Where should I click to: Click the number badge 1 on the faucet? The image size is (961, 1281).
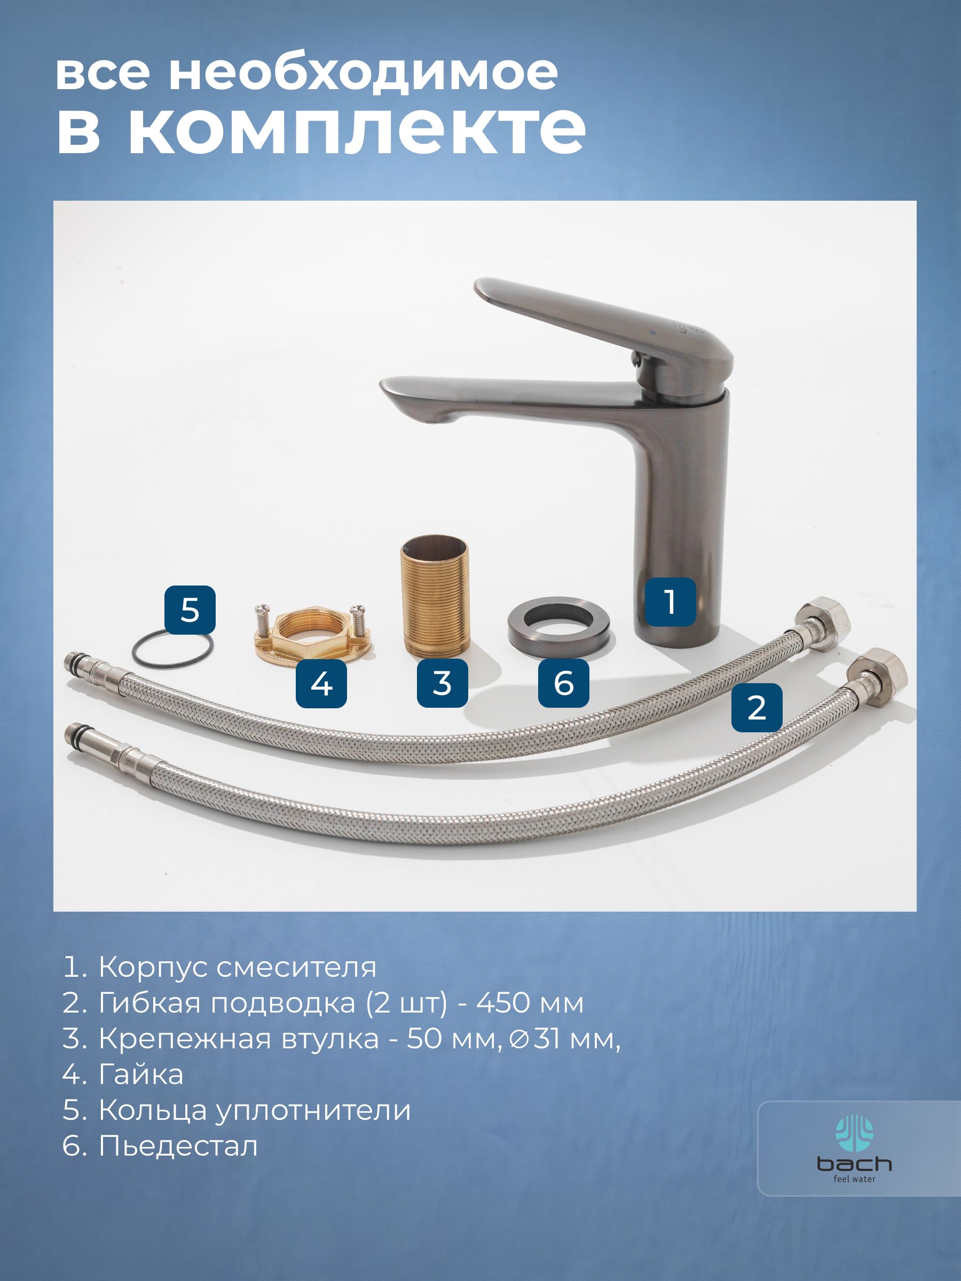pyautogui.click(x=670, y=602)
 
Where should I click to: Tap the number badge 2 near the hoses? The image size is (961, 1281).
pyautogui.click(x=757, y=707)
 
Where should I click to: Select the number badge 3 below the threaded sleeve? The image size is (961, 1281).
pyautogui.click(x=443, y=683)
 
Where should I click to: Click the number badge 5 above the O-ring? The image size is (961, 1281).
pyautogui.click(x=190, y=610)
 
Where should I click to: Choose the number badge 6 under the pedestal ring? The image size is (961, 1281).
pyautogui.click(x=564, y=683)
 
